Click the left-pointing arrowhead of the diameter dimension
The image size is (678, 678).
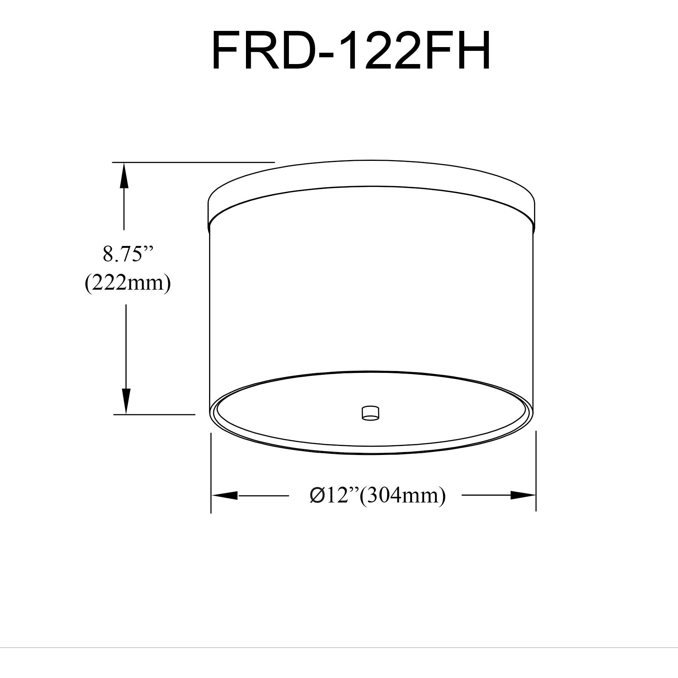pyautogui.click(x=224, y=495)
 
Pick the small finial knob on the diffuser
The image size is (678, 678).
pyautogui.click(x=370, y=413)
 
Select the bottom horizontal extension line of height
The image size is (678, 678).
pyautogui.click(x=154, y=414)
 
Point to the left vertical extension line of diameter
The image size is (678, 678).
pyautogui.click(x=211, y=473)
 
